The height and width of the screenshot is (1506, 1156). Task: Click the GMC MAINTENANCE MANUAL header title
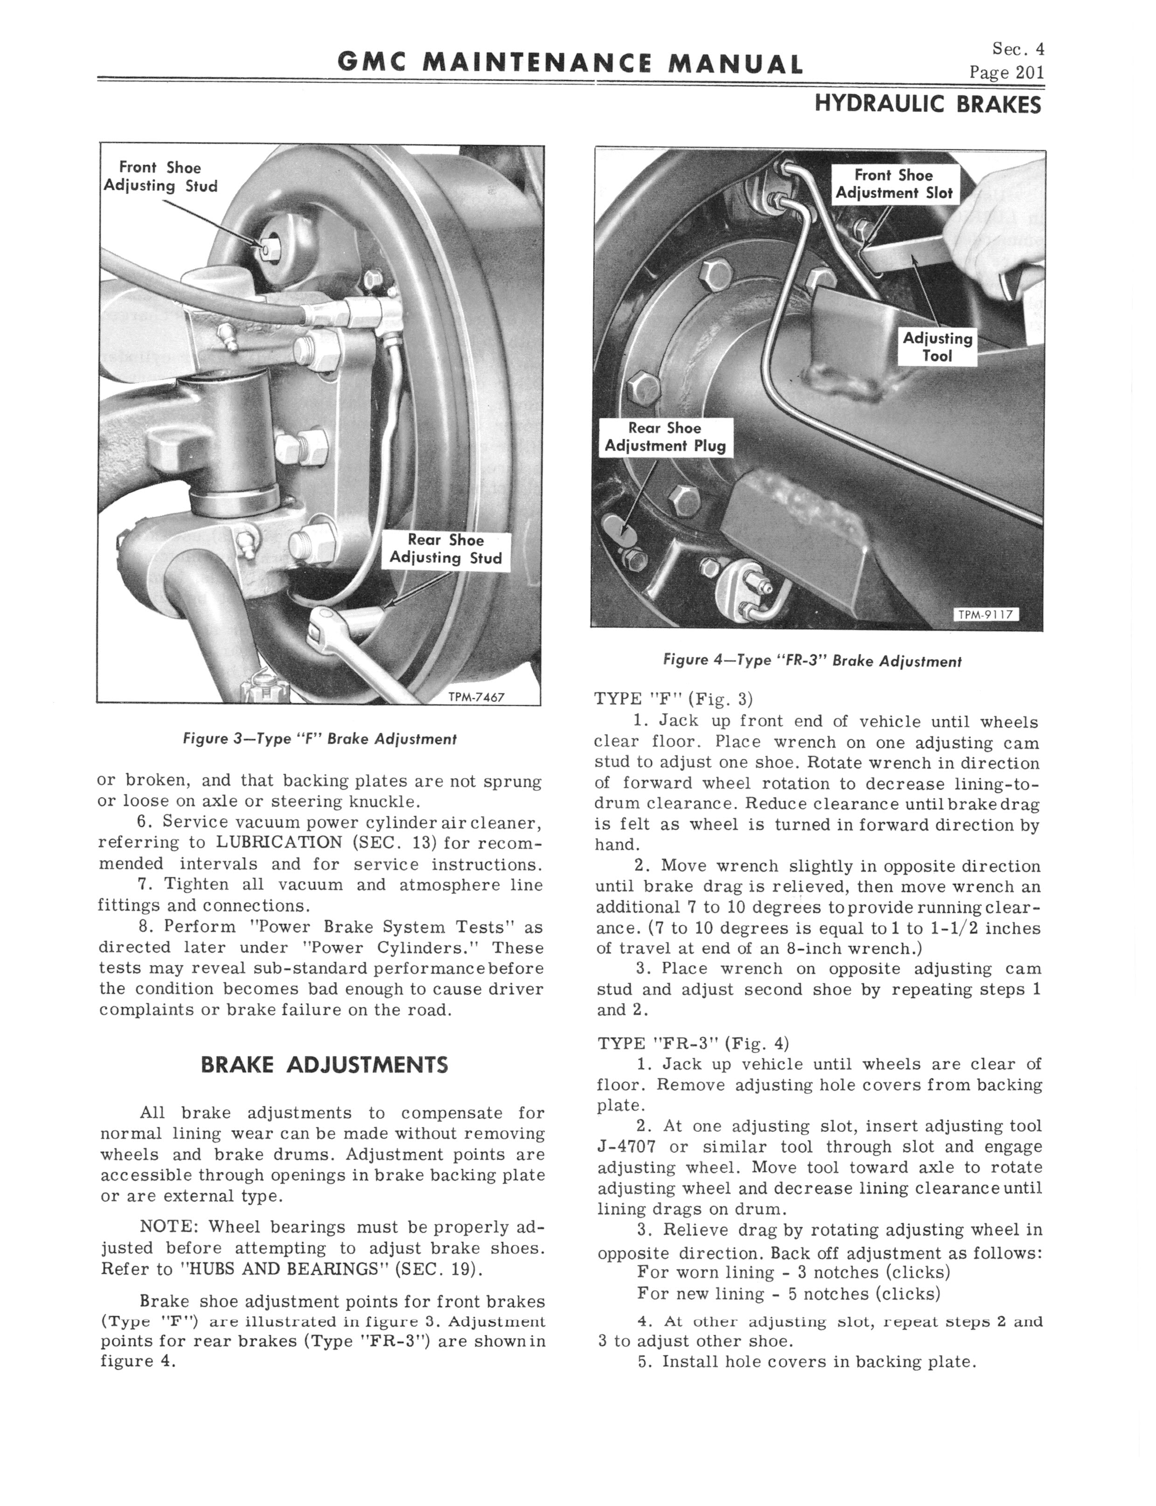[570, 64]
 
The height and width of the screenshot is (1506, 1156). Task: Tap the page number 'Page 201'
[1006, 73]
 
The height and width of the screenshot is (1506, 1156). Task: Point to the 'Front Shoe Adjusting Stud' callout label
[159, 177]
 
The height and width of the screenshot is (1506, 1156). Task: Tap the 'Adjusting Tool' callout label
[937, 347]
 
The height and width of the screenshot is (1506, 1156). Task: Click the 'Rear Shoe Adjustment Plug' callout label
[665, 437]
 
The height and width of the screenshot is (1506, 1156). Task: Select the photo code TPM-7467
[476, 696]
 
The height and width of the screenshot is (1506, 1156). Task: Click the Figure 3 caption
[319, 739]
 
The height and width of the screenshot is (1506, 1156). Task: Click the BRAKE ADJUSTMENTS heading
[324, 1066]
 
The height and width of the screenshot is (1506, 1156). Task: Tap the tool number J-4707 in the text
[626, 1147]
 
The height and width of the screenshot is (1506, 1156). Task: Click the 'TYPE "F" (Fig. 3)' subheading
[674, 699]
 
